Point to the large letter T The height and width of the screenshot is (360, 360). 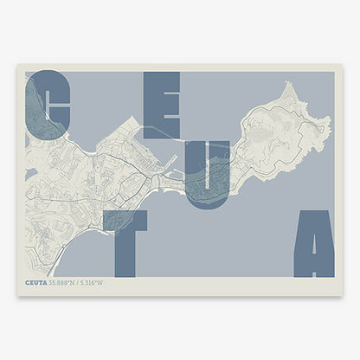pos(125,242)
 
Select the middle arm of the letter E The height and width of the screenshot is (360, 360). pos(160,105)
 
